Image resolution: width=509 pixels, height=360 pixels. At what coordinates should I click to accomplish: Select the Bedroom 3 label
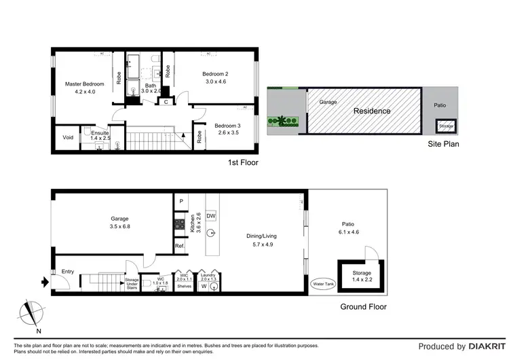point(227,126)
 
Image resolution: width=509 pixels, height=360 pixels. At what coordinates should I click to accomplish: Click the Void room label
point(68,137)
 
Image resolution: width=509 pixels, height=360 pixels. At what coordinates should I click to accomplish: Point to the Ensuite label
point(100,133)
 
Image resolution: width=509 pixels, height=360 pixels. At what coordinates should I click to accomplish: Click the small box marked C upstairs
point(166,102)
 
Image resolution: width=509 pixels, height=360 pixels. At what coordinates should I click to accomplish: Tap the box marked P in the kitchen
point(181,202)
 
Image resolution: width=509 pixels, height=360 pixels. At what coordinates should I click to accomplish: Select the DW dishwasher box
point(211,216)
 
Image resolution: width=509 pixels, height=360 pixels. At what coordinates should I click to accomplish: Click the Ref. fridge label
point(180,245)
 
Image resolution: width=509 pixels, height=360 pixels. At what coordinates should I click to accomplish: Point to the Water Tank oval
point(321,284)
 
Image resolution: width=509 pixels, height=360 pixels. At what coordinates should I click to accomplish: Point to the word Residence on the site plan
point(372,111)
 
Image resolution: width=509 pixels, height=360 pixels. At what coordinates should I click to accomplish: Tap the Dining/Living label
point(261,236)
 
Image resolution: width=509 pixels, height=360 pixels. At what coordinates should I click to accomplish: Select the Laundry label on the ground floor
point(208,274)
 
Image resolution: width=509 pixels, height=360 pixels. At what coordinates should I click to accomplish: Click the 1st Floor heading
point(243,163)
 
